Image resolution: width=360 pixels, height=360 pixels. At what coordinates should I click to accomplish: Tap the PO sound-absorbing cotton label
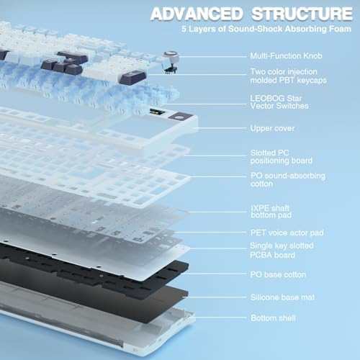287,180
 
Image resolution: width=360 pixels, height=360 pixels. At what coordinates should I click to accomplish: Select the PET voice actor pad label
286,233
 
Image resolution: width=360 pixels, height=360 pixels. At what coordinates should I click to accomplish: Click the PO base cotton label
277,274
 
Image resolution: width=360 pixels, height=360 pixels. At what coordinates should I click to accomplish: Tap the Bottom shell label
271,318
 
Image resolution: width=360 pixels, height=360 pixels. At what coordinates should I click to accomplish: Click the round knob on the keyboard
171,60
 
